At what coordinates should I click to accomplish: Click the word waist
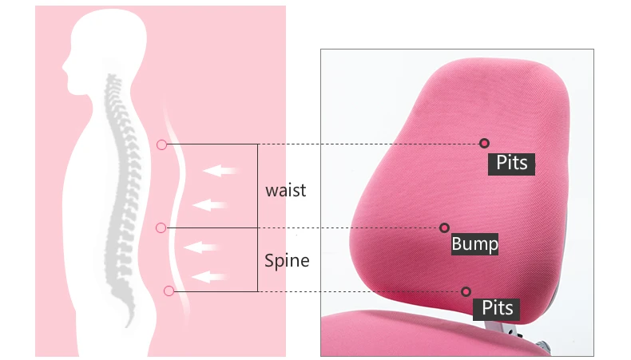pyautogui.click(x=285, y=191)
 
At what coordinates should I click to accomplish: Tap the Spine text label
pyautogui.click(x=287, y=260)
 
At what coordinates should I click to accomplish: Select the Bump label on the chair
pyautogui.click(x=474, y=243)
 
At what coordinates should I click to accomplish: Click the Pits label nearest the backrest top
pyautogui.click(x=512, y=162)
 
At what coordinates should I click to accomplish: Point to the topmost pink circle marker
pyautogui.click(x=162, y=144)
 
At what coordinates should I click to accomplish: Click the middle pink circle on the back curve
pyautogui.click(x=161, y=227)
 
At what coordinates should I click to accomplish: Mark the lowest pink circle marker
pyautogui.click(x=169, y=291)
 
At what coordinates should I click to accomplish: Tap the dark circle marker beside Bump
pyautogui.click(x=444, y=228)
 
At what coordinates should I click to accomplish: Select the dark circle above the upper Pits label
pyautogui.click(x=484, y=144)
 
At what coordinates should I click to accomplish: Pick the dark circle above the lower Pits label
pyautogui.click(x=466, y=291)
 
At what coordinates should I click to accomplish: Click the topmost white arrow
pyautogui.click(x=221, y=170)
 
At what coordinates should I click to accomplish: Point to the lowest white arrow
pyautogui.click(x=212, y=277)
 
